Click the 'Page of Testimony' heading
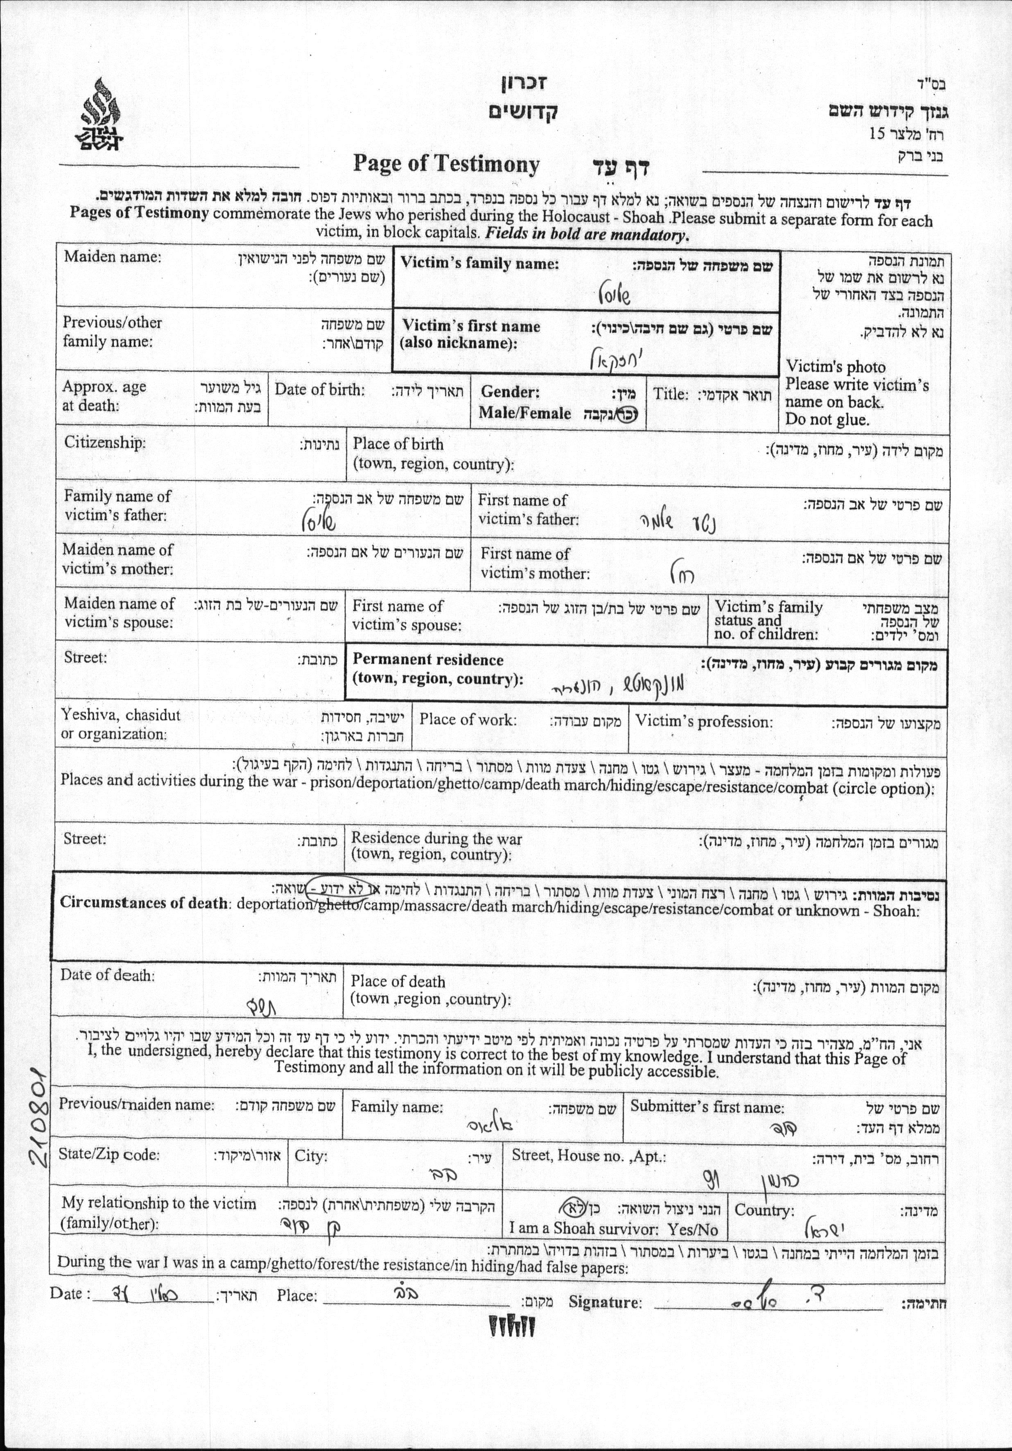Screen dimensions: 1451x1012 446,164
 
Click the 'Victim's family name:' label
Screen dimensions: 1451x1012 480,264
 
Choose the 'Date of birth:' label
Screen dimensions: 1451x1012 319,390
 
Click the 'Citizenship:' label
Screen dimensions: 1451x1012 105,442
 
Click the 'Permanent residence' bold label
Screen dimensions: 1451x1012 428,660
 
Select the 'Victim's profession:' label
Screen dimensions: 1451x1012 704,722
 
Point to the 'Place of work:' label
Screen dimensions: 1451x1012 468,720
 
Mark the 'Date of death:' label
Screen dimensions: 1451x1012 107,975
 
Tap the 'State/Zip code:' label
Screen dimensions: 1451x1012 109,1155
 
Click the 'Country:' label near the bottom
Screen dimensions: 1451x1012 764,1211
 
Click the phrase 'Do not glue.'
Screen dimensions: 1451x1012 827,420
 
